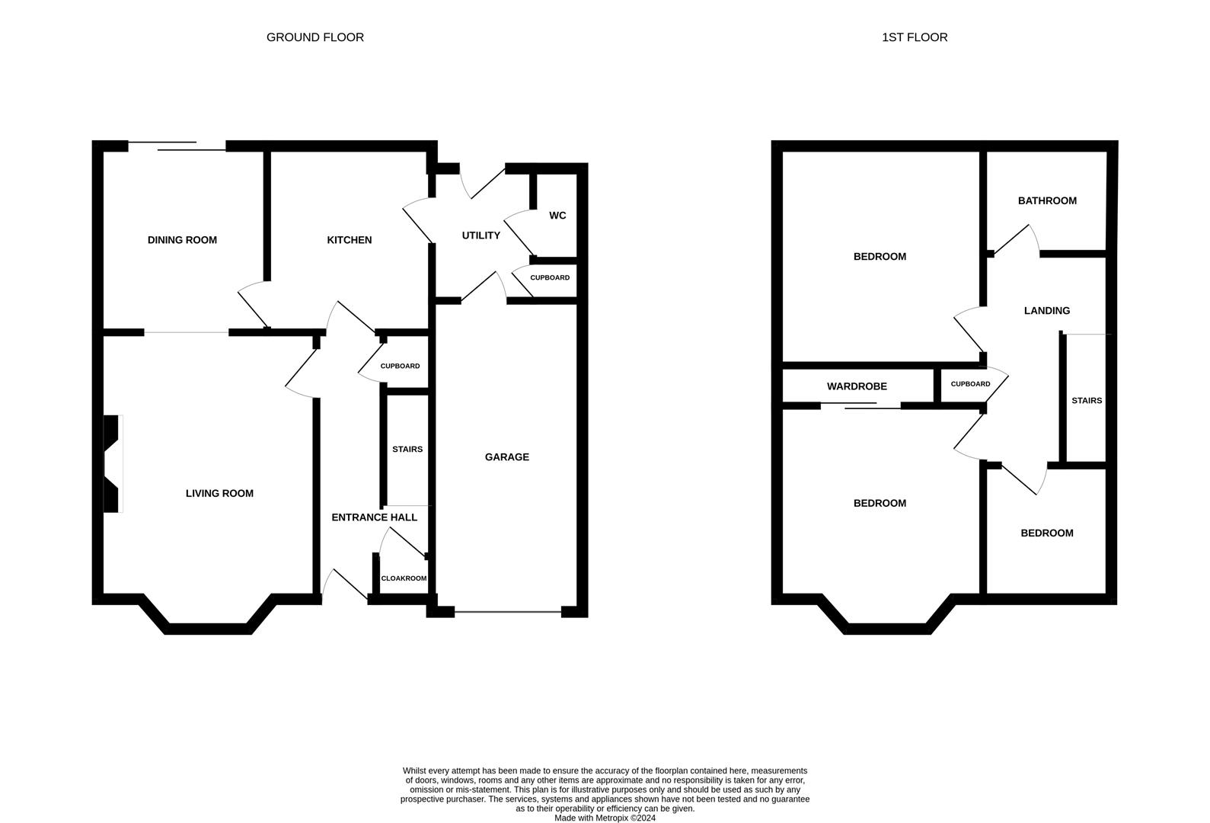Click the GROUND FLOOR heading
point(314,37)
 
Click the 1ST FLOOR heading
point(914,37)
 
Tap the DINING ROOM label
point(182,240)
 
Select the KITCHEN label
point(349,240)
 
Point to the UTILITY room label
point(480,235)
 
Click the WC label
point(557,216)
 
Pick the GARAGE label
point(506,457)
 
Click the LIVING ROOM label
point(219,493)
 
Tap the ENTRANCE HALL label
point(374,517)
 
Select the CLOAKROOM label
point(404,578)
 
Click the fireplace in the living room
point(112,463)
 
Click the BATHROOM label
point(1047,201)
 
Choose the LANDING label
point(1046,311)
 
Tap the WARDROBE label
point(857,386)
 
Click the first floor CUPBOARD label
point(970,384)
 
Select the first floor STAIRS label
point(1086,401)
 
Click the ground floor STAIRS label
point(407,450)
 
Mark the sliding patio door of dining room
point(177,146)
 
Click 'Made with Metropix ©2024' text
point(605,818)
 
